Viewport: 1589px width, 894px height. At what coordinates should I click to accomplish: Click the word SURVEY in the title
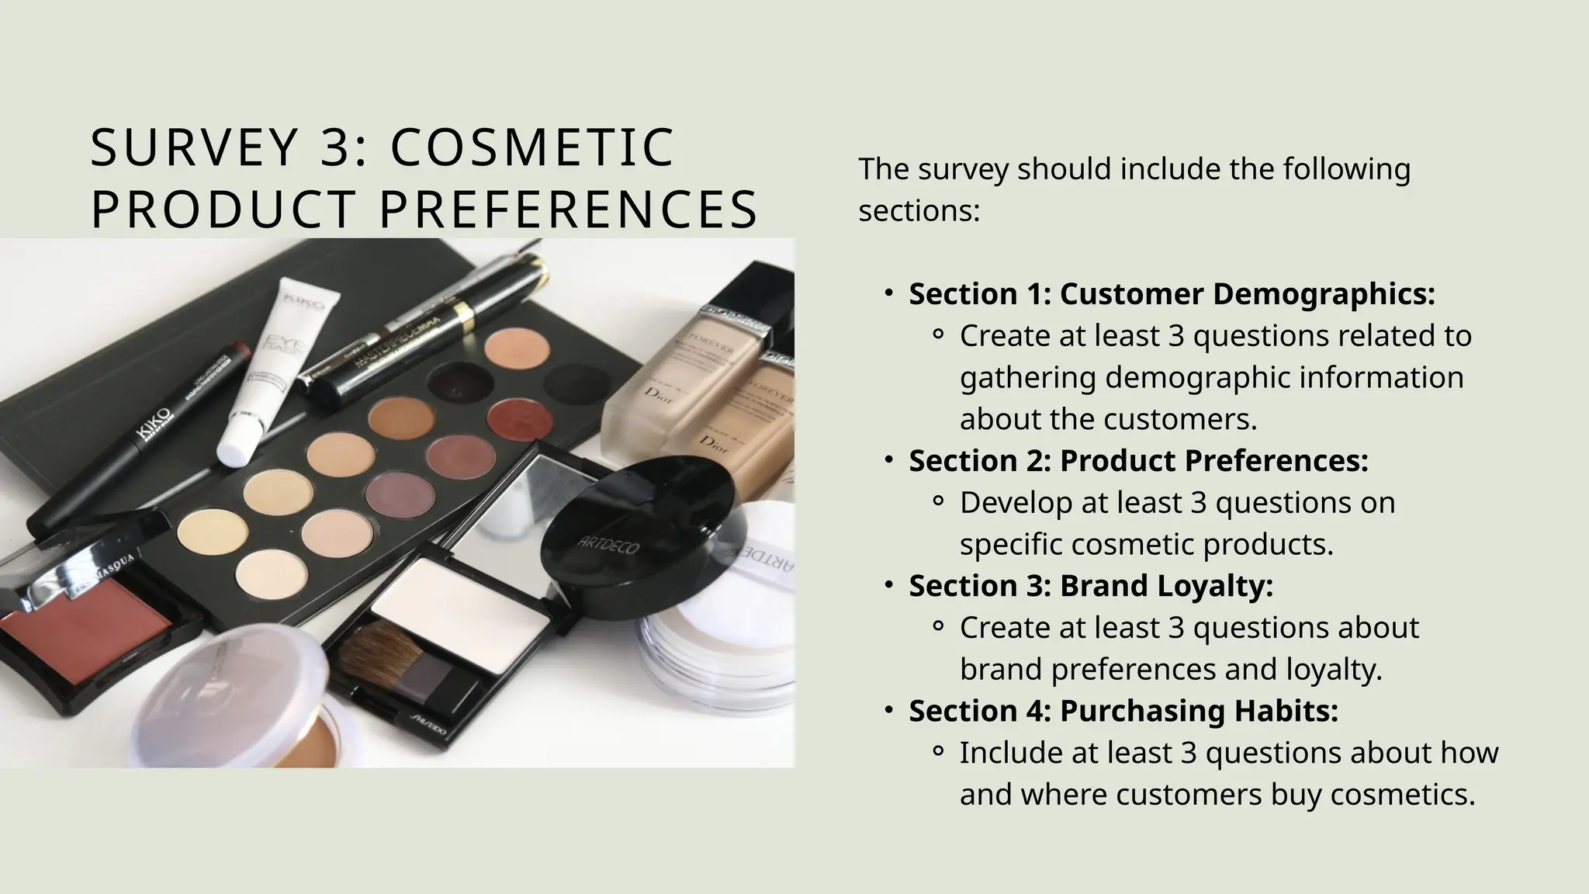point(194,147)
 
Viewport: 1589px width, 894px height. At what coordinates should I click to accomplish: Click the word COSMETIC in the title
point(532,147)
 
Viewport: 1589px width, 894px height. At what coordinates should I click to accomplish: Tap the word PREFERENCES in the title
point(568,210)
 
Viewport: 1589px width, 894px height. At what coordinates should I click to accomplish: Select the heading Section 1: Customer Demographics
point(1172,294)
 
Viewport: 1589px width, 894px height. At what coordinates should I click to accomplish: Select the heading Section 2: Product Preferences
point(1138,461)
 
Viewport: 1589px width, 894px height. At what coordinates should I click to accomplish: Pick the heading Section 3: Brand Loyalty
point(1091,586)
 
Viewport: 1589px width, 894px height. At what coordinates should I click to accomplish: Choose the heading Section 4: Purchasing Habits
point(1123,711)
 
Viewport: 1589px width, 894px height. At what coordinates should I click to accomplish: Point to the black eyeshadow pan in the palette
point(461,380)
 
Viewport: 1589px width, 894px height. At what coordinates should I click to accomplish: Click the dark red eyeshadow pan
point(519,416)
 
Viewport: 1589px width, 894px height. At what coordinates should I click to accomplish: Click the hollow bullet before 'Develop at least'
point(937,503)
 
